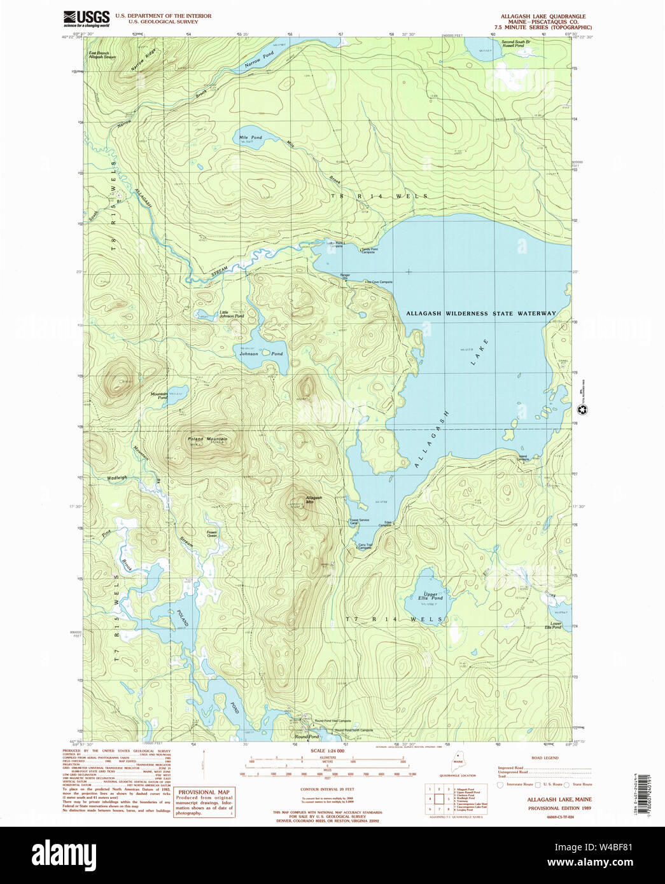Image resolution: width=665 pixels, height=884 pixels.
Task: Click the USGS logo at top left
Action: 87,18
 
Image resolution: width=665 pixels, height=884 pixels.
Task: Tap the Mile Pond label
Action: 250,137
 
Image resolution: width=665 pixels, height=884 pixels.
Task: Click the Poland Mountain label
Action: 207,439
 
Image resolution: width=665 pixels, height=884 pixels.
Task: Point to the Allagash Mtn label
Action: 313,500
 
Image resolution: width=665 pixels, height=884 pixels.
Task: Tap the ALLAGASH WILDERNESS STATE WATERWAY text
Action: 480,314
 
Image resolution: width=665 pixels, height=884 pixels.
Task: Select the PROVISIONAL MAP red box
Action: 204,803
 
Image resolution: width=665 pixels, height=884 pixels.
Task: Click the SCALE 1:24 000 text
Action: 327,751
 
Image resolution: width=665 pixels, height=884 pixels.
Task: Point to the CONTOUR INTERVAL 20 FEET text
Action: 327,789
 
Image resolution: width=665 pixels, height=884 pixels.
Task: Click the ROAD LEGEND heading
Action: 544,758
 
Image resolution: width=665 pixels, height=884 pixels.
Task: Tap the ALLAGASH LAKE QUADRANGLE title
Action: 543,17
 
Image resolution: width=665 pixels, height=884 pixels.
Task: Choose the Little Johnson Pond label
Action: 231,314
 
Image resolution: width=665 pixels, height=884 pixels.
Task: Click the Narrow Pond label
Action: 260,60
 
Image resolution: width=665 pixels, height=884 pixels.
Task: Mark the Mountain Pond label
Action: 159,396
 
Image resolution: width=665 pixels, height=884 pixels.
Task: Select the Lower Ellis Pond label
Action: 552,626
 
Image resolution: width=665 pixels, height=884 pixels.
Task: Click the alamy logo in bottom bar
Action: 64,854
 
